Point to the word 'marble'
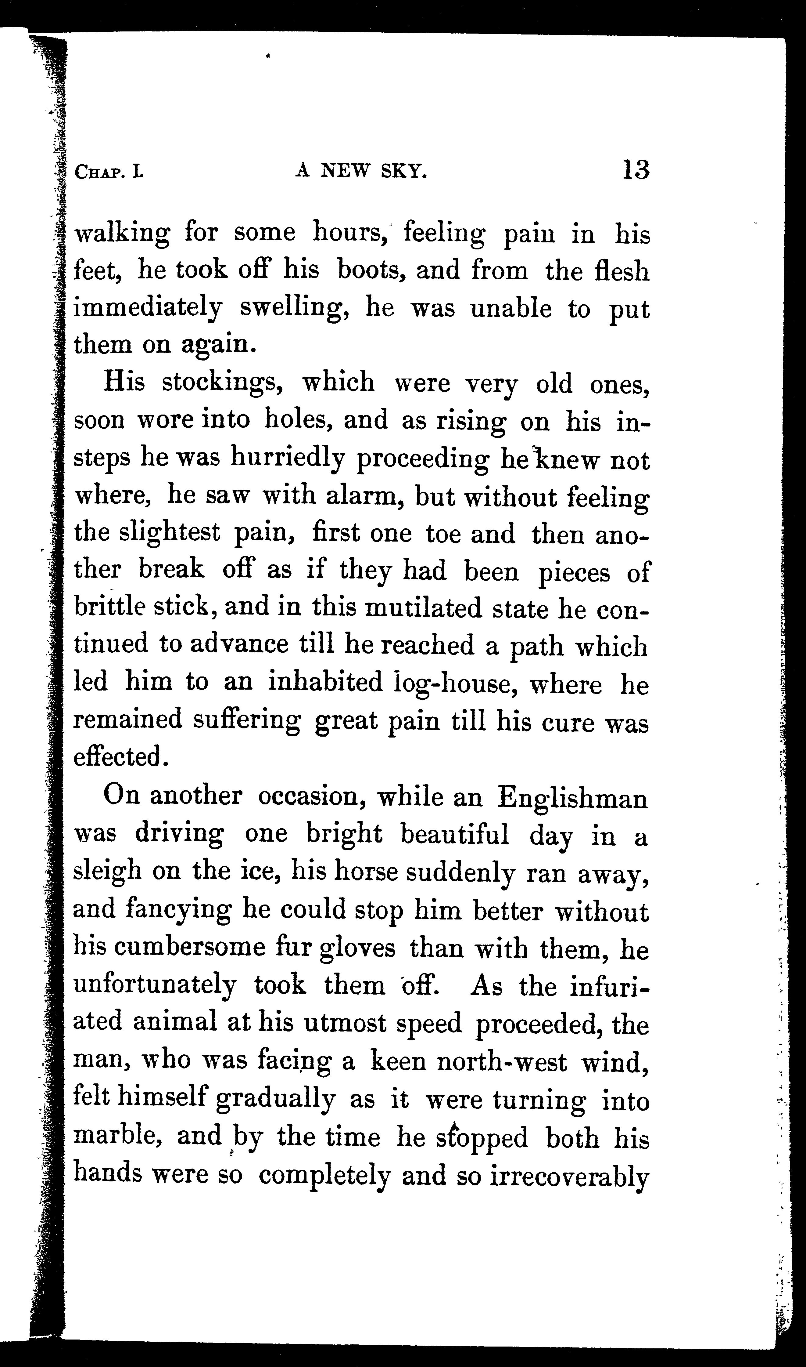[x=107, y=1135]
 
